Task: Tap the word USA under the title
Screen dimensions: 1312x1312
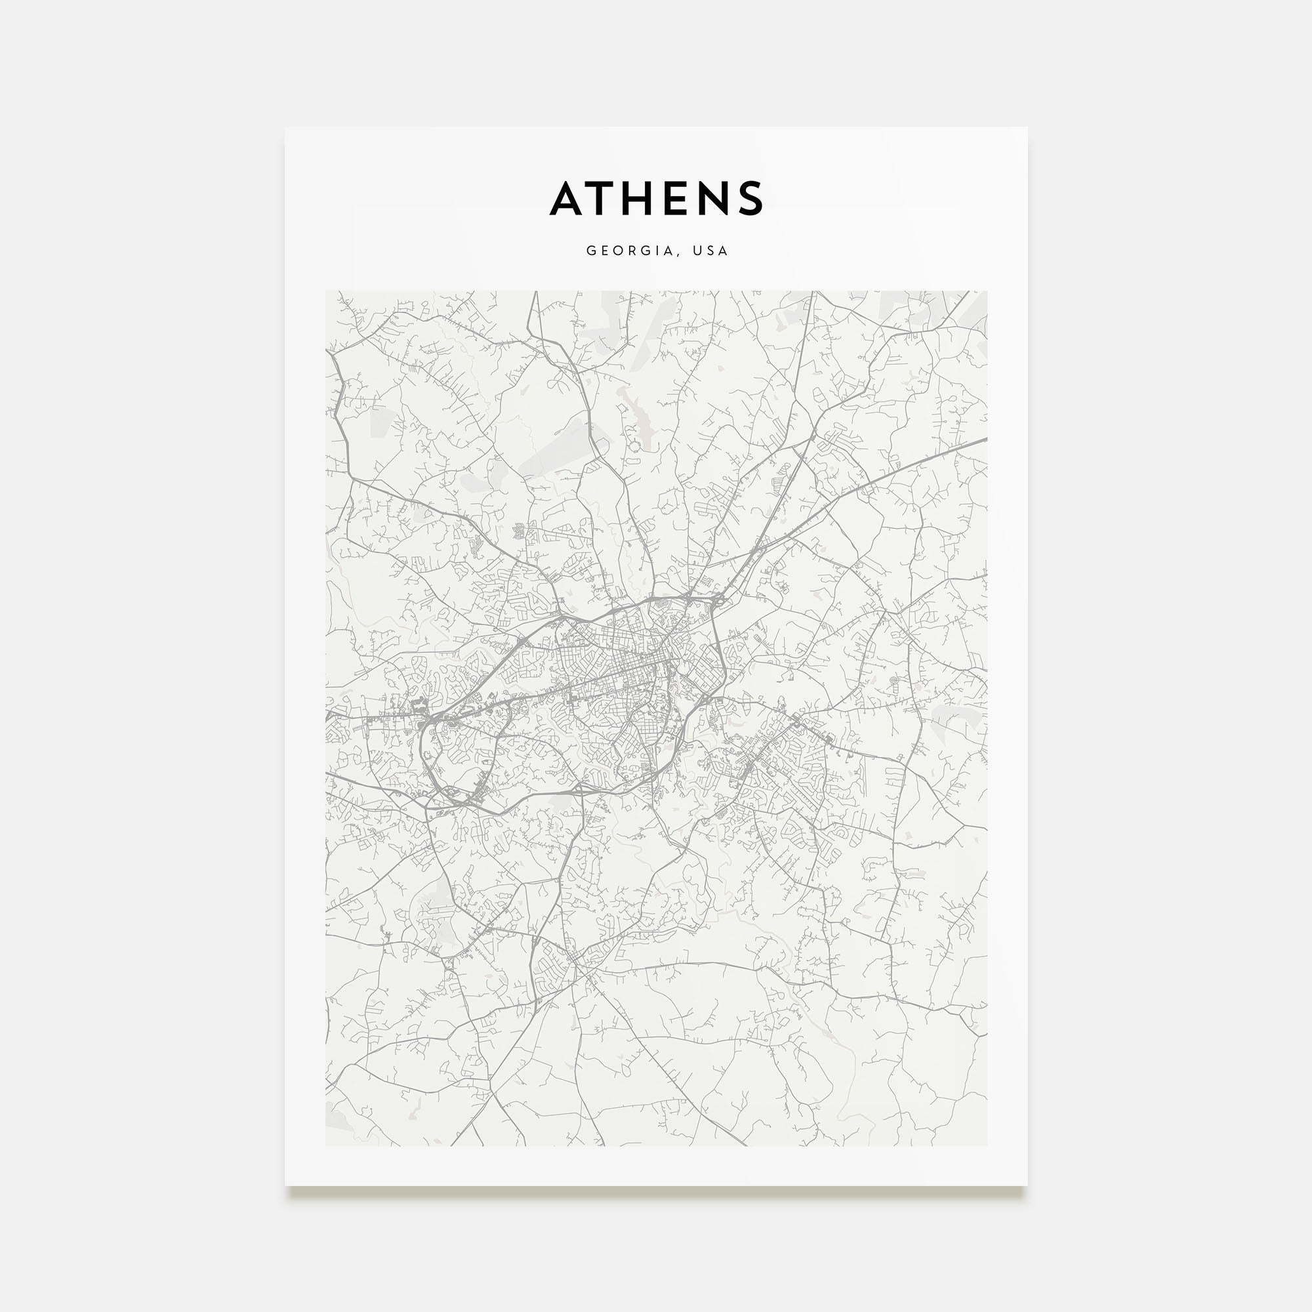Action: pos(711,251)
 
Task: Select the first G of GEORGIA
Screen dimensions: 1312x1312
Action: pos(591,251)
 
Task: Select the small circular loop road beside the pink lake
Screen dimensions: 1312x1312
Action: pos(634,447)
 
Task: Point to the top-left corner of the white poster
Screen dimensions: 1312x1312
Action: pos(285,128)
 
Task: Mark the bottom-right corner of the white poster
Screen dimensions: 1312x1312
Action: pos(1027,1185)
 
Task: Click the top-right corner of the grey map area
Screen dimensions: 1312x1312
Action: pos(987,291)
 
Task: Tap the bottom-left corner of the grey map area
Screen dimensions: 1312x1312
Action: pos(326,1145)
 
